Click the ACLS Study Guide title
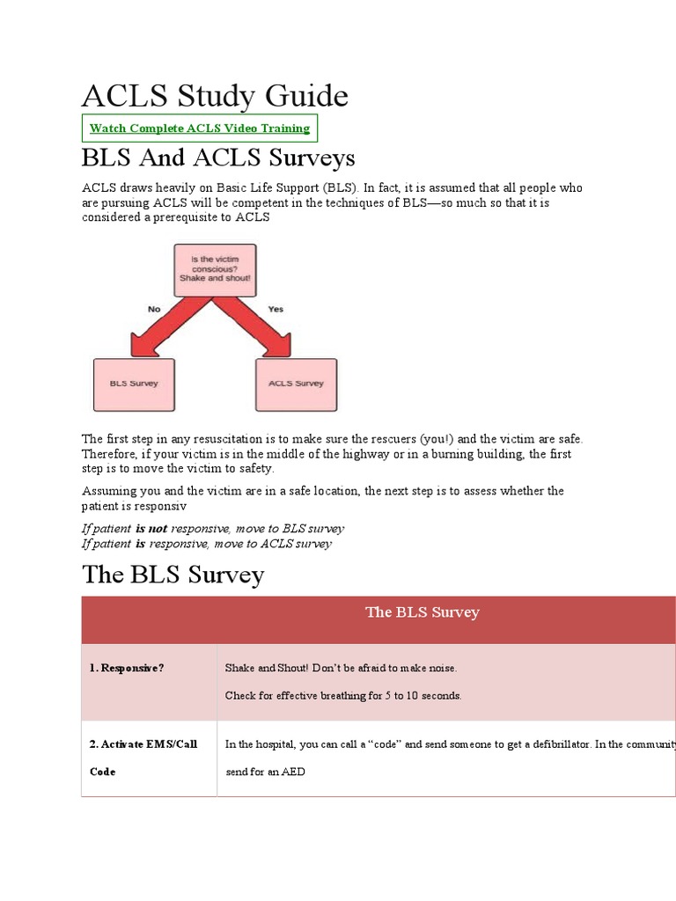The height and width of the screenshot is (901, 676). click(215, 95)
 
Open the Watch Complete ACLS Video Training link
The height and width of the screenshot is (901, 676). click(200, 128)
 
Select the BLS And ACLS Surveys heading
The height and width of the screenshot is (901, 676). click(218, 158)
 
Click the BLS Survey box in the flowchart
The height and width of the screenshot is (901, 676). click(134, 384)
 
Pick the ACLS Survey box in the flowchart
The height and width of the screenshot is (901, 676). click(296, 384)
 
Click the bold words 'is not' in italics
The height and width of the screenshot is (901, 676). click(151, 529)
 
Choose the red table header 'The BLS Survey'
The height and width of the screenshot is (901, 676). click(422, 612)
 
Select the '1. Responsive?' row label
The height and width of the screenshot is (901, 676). click(127, 668)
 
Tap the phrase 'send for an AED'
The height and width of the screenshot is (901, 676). click(265, 772)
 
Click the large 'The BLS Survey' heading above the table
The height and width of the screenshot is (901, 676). click(173, 575)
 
